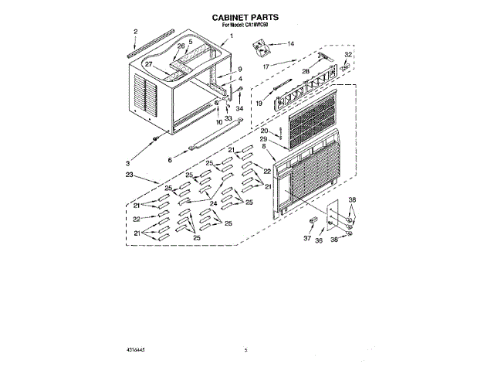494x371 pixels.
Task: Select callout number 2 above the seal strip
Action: coord(135,32)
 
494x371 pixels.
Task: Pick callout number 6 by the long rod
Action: coord(169,160)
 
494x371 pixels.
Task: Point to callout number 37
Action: coord(306,239)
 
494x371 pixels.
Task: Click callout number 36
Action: coord(320,240)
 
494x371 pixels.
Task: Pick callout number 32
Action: coord(348,55)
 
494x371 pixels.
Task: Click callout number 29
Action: coord(263,138)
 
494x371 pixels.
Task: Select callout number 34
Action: coord(239,109)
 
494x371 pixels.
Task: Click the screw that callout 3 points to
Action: coord(157,137)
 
